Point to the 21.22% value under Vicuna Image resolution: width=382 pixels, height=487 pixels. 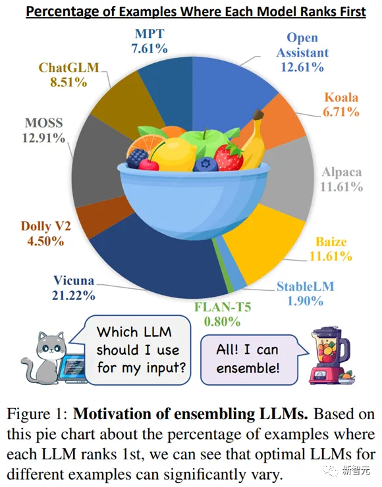coord(73,295)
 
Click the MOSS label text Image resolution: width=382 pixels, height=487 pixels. coord(44,122)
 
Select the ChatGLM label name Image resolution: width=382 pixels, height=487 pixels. coord(68,67)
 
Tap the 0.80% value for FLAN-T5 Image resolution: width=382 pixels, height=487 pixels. coord(222,321)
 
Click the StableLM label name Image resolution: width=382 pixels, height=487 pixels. coord(305,286)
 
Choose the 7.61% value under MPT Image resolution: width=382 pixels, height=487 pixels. coord(150,49)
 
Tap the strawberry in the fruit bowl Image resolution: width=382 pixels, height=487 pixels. coord(229,157)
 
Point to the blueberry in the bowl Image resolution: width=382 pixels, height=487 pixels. coord(205,165)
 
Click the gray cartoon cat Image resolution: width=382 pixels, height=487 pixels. coord(43,357)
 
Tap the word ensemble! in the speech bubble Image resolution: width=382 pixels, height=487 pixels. coord(248,369)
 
